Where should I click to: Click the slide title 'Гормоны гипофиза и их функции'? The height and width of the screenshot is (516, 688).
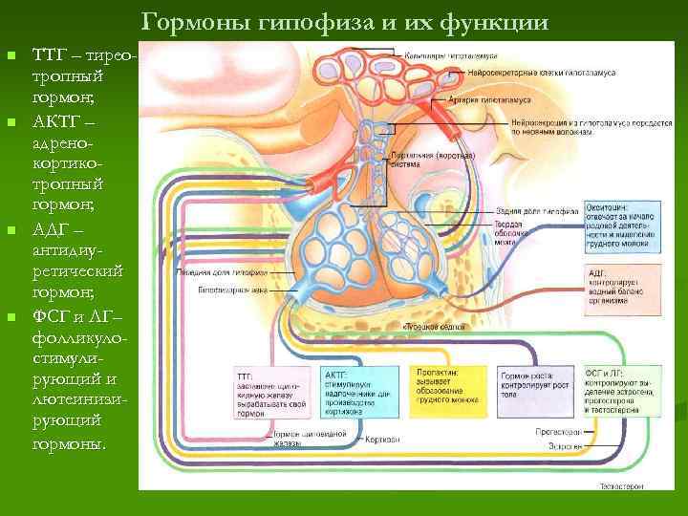point(345,21)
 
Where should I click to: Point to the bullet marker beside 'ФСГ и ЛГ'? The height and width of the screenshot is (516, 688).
point(11,316)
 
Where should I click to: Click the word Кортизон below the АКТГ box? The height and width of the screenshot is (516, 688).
point(381,438)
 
